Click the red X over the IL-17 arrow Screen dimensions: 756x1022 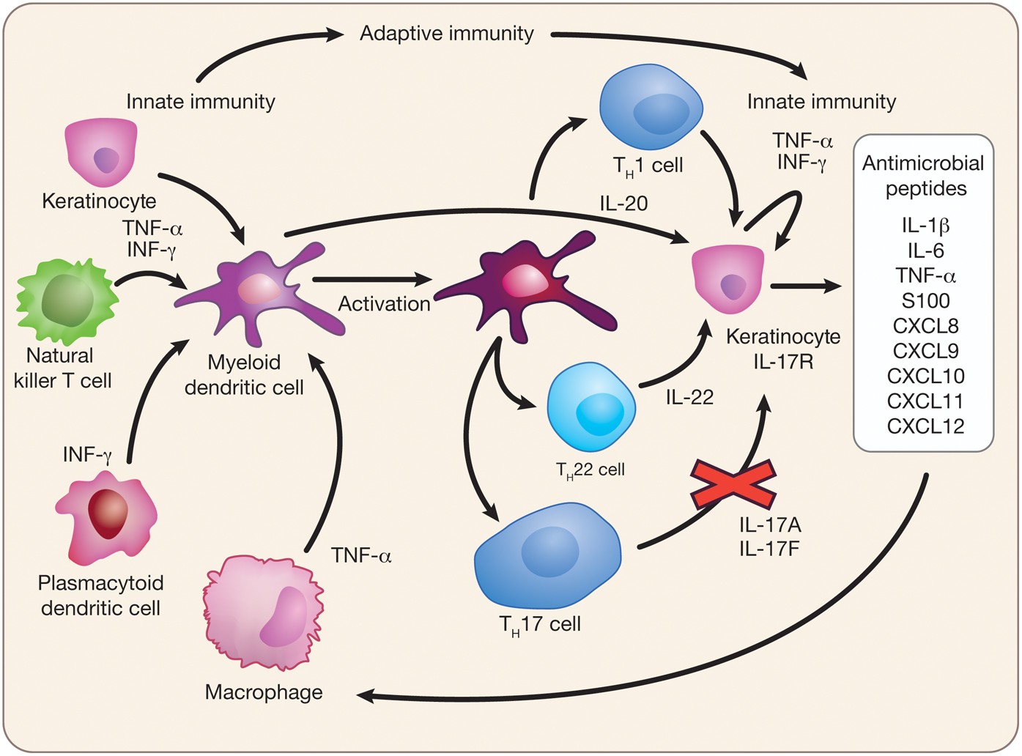(733, 484)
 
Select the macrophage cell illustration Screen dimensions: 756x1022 (264, 612)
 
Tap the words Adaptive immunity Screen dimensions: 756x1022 (446, 34)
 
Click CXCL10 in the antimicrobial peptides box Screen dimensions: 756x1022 (925, 377)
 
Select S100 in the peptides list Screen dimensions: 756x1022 (925, 301)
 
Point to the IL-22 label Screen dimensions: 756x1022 (689, 398)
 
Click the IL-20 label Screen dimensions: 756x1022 (623, 204)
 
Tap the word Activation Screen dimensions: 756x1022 (384, 304)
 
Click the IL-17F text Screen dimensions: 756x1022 (769, 547)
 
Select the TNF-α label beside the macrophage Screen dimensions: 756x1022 (361, 556)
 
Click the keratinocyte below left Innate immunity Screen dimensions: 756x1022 (101, 155)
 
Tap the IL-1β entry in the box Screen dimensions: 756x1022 (925, 226)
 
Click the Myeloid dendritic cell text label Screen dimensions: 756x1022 (244, 374)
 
